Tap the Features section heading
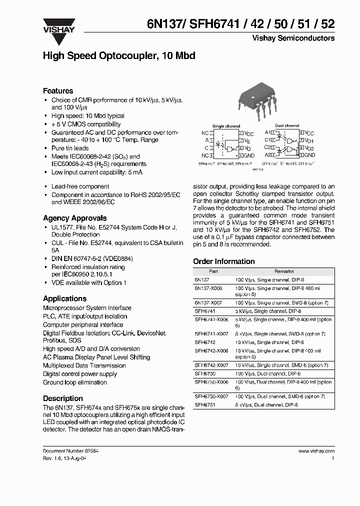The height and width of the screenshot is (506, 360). click(x=58, y=91)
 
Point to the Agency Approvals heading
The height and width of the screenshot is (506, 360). click(x=74, y=218)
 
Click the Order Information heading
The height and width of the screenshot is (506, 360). click(x=223, y=261)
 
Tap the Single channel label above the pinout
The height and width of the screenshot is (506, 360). click(x=226, y=126)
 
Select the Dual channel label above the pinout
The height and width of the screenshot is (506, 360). click(x=287, y=126)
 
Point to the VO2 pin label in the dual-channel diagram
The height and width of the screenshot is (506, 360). click(x=309, y=148)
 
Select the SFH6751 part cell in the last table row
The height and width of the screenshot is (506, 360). click(x=204, y=405)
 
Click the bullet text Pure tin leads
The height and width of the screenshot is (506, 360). click(x=70, y=148)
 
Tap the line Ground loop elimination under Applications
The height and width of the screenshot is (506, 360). click(x=74, y=382)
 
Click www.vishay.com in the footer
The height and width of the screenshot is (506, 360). click(x=316, y=450)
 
